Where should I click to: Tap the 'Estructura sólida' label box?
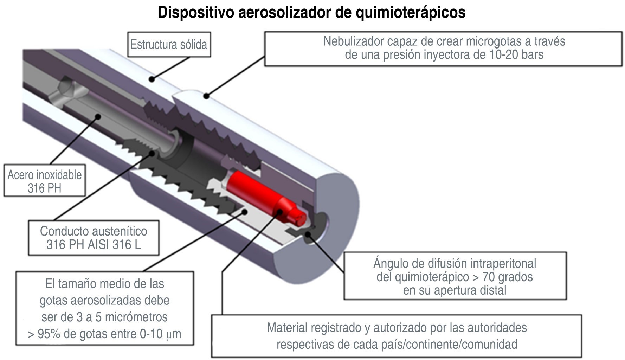169,45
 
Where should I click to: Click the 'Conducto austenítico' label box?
94,238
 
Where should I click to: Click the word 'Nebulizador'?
354,41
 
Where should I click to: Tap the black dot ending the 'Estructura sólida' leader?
152,79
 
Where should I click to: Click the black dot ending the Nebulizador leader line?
206,96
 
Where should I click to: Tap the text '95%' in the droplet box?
49,334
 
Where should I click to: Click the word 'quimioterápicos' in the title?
411,12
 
